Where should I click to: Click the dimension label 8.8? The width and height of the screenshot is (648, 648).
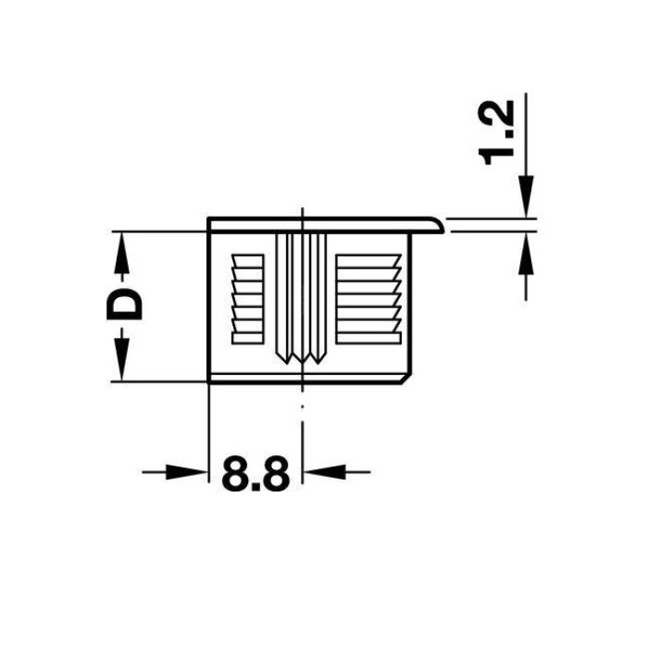click(x=255, y=474)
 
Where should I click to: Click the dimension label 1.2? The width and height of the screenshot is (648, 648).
click(x=496, y=132)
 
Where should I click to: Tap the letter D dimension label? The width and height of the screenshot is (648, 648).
click(x=124, y=305)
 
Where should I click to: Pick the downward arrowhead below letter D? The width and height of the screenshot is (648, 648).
click(x=121, y=359)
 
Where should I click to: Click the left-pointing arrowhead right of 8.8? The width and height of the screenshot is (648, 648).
click(x=324, y=471)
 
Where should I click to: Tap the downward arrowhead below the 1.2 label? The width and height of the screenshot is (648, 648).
click(x=526, y=196)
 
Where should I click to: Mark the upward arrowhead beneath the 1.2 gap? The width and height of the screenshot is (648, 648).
click(x=526, y=253)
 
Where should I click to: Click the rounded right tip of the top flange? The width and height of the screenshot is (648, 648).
click(x=442, y=225)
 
